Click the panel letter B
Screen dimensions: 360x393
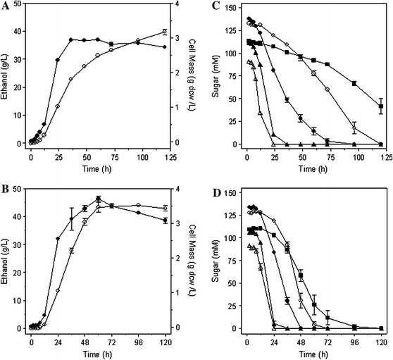5,190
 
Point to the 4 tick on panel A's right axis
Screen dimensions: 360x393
181,8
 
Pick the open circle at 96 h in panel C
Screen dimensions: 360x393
354,128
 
